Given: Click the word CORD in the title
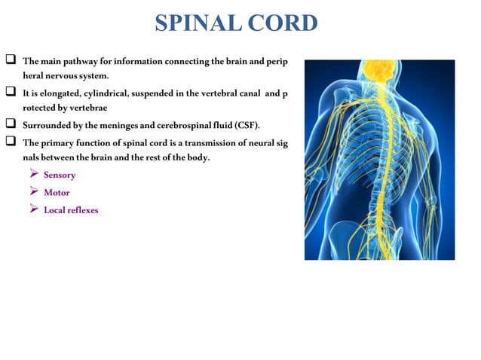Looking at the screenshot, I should point(282,23).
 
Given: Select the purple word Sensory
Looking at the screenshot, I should point(60,175).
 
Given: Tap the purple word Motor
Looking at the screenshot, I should point(57,192).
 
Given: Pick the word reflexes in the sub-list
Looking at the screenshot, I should point(83,210).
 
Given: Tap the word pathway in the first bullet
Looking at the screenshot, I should point(81,60).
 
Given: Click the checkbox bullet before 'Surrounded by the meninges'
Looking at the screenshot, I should point(11,123).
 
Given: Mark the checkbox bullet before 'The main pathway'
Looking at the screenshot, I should point(11,59).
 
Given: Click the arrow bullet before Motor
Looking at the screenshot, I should point(33,192).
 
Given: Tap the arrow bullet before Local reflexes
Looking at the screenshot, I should point(33,209).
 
